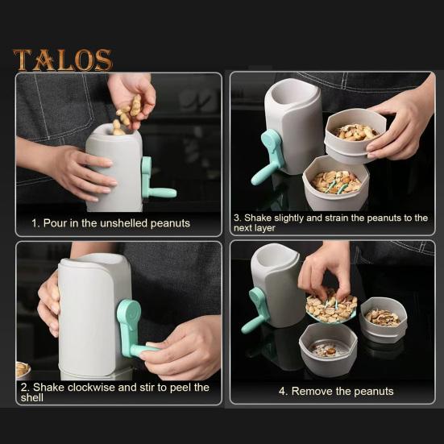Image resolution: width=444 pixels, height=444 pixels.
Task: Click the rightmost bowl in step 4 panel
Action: click(384, 317)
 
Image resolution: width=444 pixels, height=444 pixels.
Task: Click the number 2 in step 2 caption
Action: click(23, 387)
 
